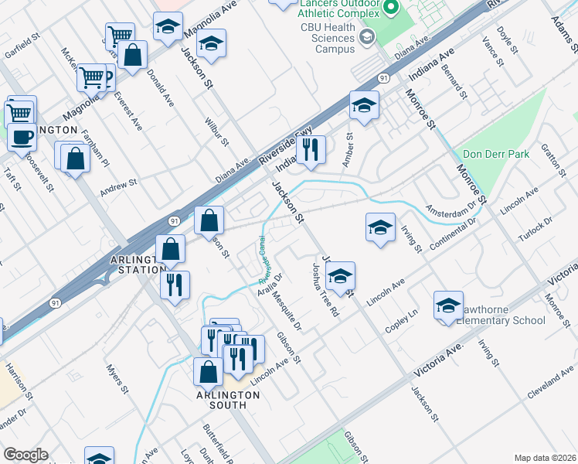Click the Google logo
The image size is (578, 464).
[25, 455]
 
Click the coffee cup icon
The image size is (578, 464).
[22, 138]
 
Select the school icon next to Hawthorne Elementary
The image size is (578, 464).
[448, 305]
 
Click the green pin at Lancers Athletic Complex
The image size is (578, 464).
[391, 9]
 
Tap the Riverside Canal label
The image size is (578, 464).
[266, 258]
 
